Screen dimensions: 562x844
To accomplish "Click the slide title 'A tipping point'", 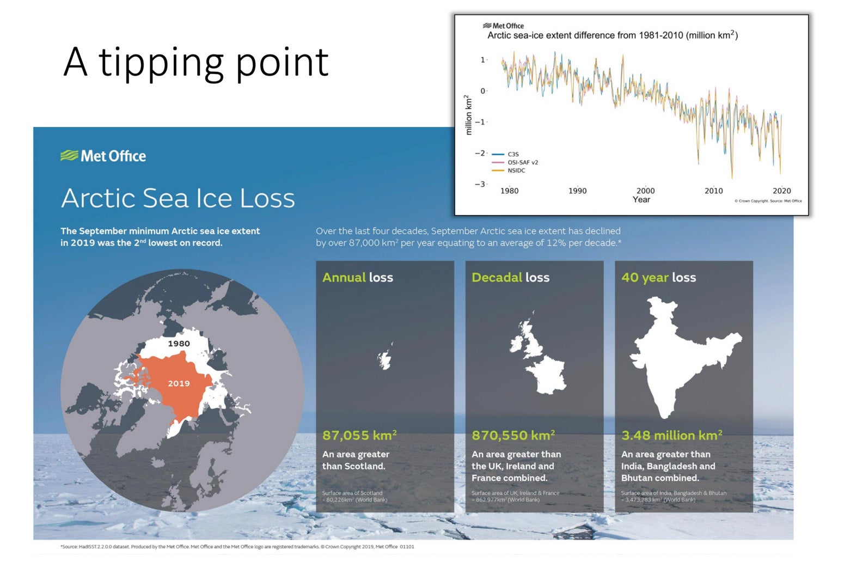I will click(x=195, y=63).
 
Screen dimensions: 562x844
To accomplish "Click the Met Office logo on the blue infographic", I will click(x=103, y=156).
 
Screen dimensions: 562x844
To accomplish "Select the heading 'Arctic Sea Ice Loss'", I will click(x=178, y=198).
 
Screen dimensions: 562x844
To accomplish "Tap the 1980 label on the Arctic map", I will click(x=179, y=344).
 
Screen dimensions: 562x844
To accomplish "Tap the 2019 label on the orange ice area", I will click(x=179, y=383).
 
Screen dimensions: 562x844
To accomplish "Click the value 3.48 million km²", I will click(x=671, y=436).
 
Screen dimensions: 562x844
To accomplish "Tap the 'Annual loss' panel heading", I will click(x=357, y=277).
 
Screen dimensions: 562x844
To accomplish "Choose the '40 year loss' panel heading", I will click(x=658, y=277).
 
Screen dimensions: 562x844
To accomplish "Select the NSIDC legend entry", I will click(x=516, y=170).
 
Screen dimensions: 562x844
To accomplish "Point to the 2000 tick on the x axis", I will click(x=645, y=191).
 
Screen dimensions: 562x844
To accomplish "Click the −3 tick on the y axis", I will click(x=480, y=184).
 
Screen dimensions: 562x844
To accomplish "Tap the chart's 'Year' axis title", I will click(x=641, y=200).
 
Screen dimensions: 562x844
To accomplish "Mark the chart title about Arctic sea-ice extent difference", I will click(x=612, y=35).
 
